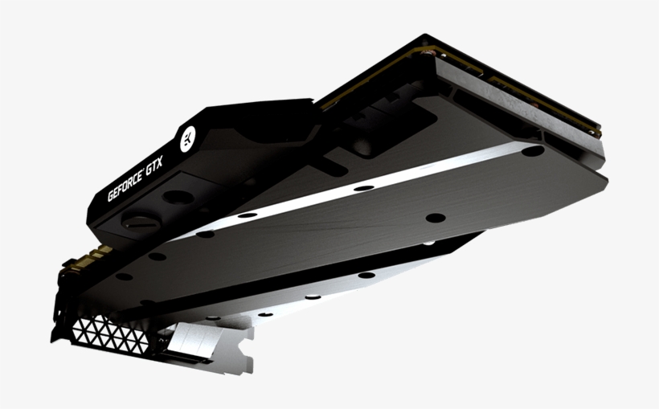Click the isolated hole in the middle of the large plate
click(x=435, y=217)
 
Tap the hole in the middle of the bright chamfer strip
click(x=363, y=188)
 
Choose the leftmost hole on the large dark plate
click(x=124, y=276)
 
